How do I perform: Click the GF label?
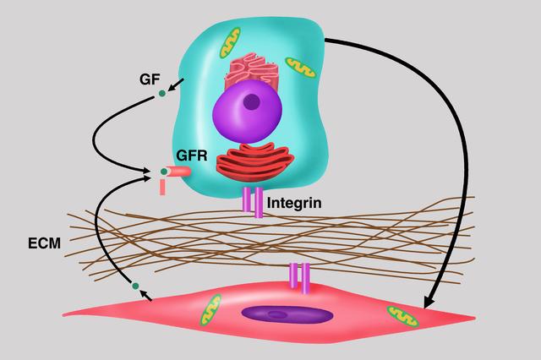[150, 79]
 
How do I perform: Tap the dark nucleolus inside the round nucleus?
[252, 101]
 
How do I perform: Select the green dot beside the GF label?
[162, 93]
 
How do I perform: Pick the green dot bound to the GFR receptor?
[164, 172]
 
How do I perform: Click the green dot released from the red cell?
[134, 286]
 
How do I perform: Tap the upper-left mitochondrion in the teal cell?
[230, 42]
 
